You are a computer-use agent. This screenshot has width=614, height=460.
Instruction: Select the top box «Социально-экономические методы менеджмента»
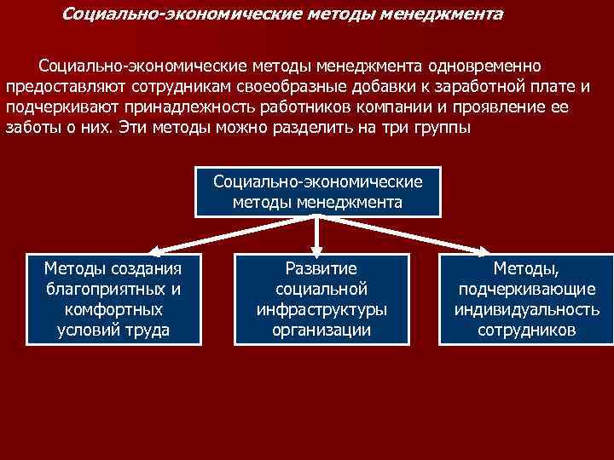pos(318,192)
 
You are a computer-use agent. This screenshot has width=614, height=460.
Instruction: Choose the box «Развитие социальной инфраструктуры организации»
pos(321,299)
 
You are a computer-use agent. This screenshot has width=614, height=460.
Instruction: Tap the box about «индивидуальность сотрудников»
pos(526,299)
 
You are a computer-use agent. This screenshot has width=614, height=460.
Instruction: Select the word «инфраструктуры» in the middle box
pos(321,309)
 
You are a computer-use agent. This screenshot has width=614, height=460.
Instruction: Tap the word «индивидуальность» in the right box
pos(526,309)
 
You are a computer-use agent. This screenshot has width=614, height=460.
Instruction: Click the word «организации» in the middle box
pos(321,330)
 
